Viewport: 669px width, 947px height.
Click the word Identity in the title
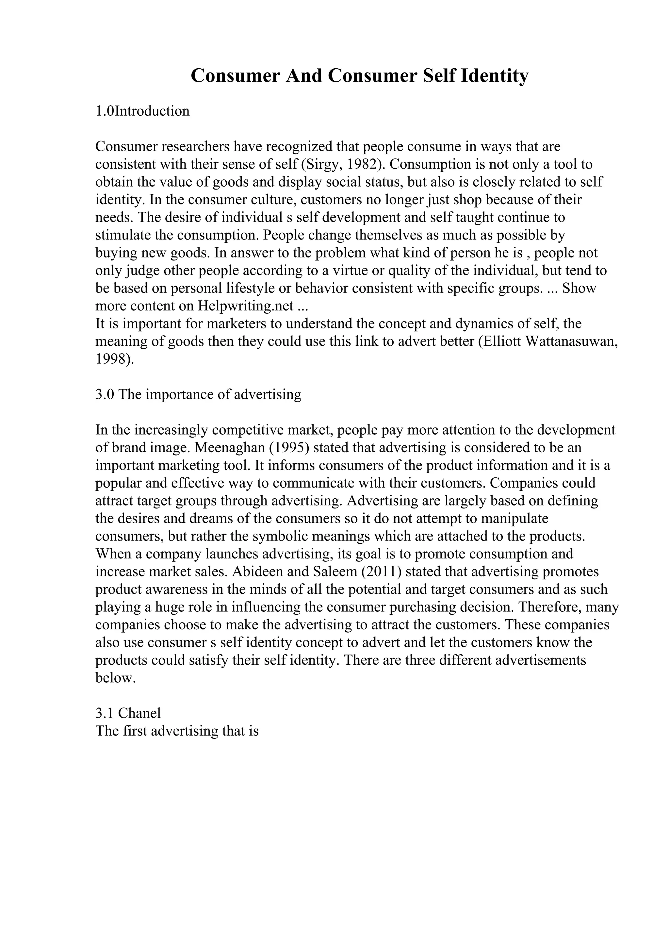click(x=494, y=76)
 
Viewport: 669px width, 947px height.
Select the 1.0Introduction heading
click(x=143, y=111)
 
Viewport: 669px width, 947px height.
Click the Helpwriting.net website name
click(x=246, y=306)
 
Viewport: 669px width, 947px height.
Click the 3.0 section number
click(x=105, y=395)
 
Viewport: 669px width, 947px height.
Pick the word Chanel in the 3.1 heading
click(x=139, y=713)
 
